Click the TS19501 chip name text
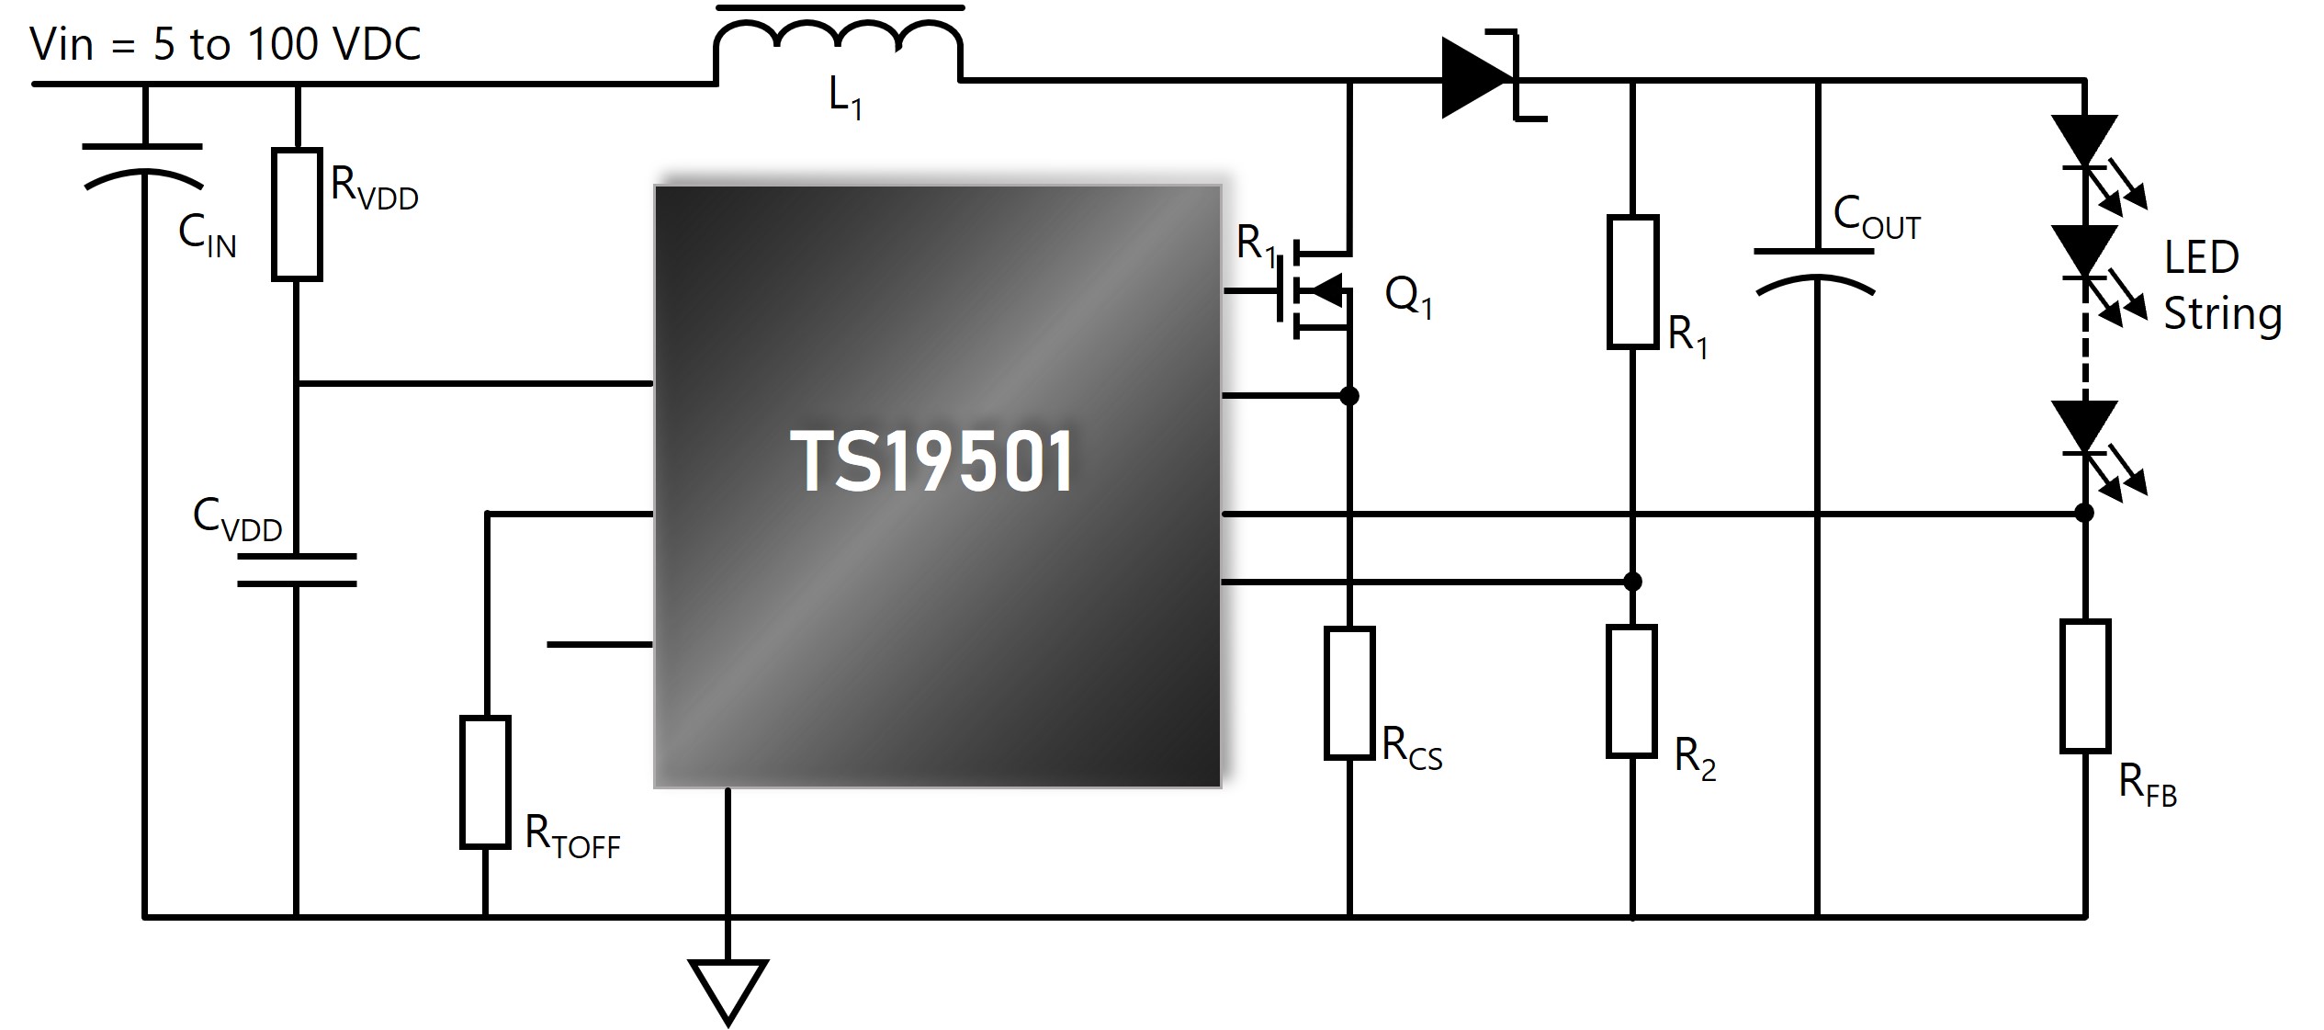pyautogui.click(x=931, y=461)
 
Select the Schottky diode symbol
pyautogui.click(x=1494, y=78)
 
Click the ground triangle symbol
pyautogui.click(x=728, y=991)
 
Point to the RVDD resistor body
pyautogui.click(x=297, y=214)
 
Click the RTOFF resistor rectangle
pyautogui.click(x=485, y=782)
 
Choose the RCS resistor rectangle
pyautogui.click(x=1349, y=694)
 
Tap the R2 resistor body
pyautogui.click(x=1632, y=692)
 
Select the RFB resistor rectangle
pyautogui.click(x=2085, y=686)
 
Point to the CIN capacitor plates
pyautogui.click(x=143, y=165)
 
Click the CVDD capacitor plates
pyautogui.click(x=297, y=570)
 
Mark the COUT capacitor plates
pyautogui.click(x=1815, y=272)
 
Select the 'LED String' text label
pyautogui.click(x=2223, y=287)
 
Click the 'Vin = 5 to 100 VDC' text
pyautogui.click(x=226, y=44)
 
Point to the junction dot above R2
pyautogui.click(x=1632, y=582)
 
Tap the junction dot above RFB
pyautogui.click(x=2085, y=513)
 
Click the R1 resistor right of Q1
pyautogui.click(x=1632, y=283)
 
